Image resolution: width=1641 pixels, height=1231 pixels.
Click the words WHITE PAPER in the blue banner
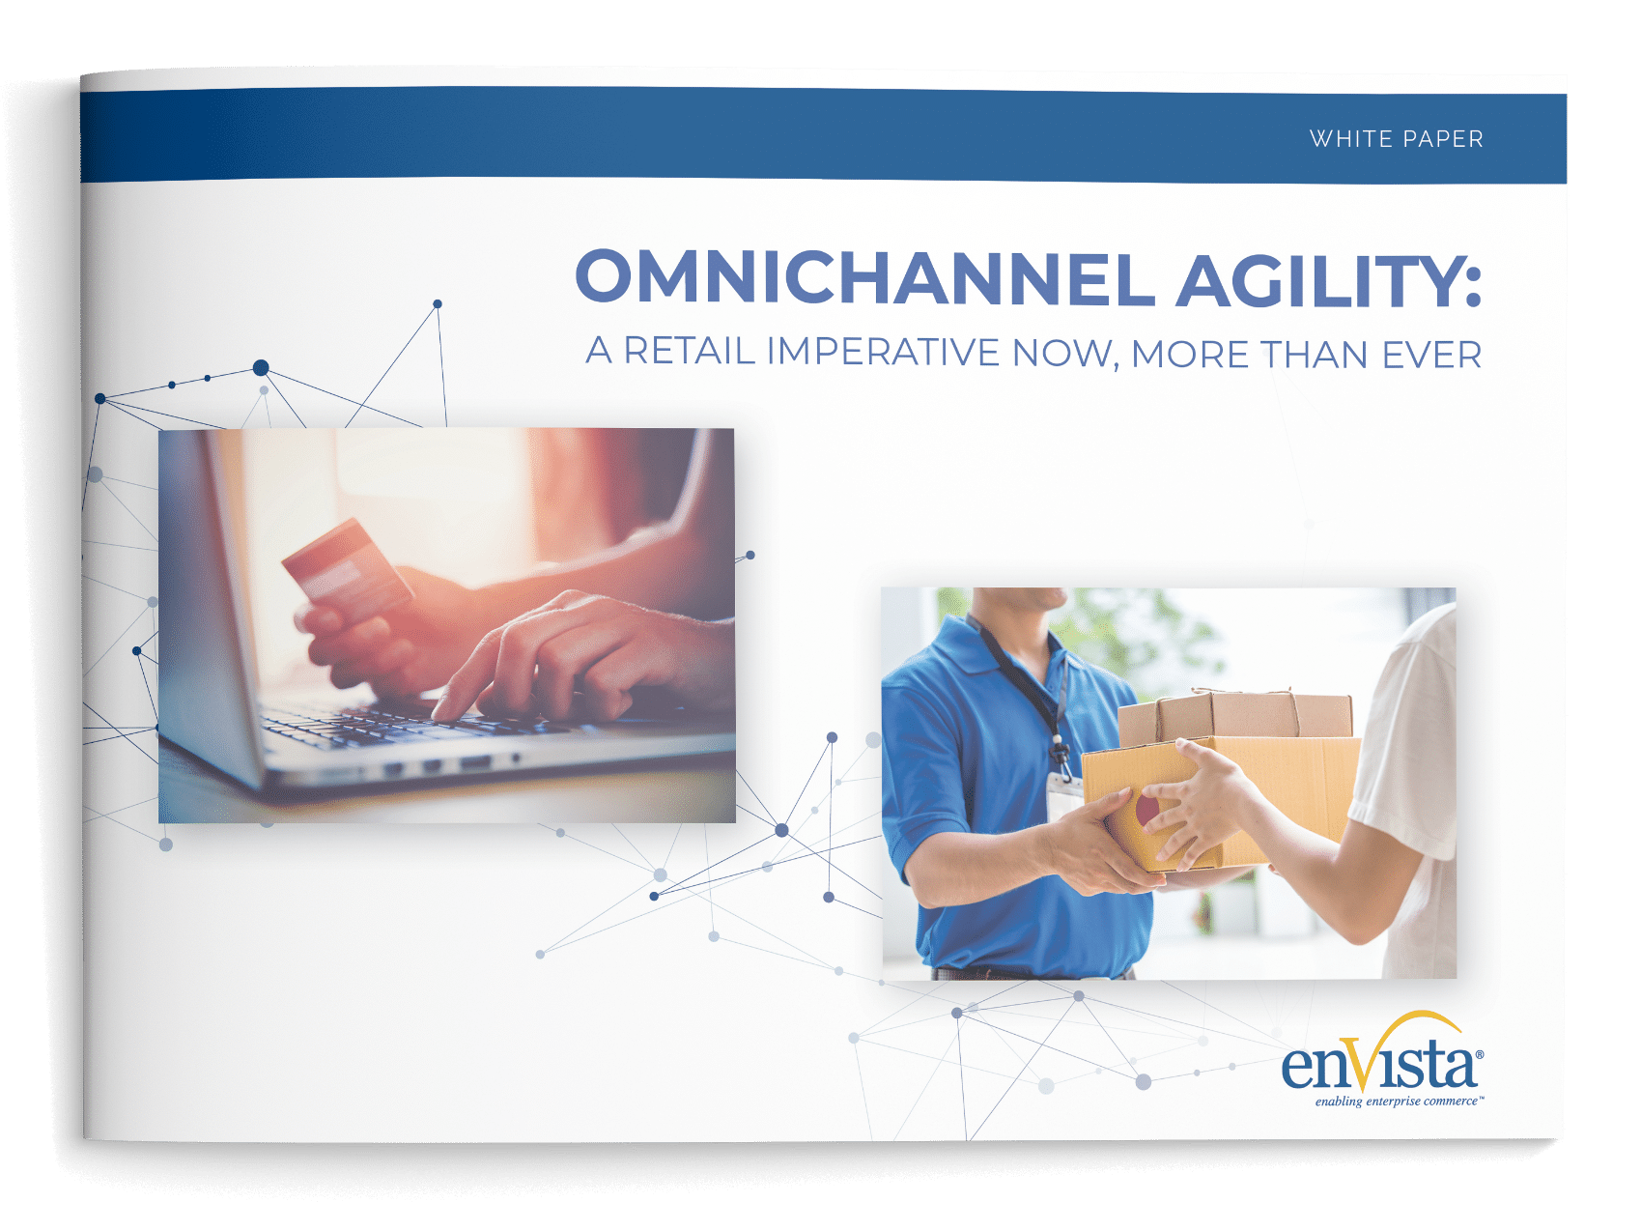[1396, 139]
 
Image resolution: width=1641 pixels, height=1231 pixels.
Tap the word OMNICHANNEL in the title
[864, 278]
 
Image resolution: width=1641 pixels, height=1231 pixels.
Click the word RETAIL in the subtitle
[689, 351]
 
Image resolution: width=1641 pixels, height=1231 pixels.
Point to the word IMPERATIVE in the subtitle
[883, 353]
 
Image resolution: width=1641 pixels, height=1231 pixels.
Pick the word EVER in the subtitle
[1431, 356]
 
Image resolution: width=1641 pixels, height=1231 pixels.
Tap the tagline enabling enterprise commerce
[1397, 1102]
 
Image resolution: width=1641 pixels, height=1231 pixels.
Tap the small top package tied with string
[1236, 714]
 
